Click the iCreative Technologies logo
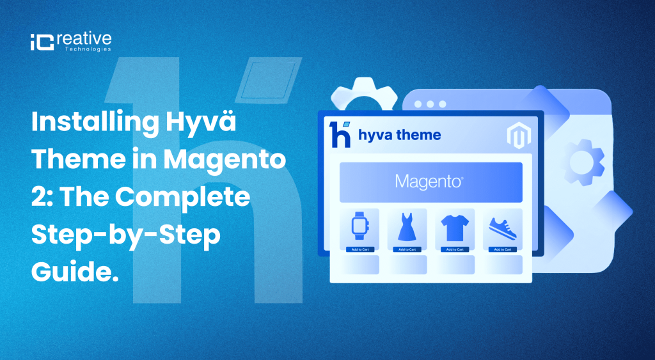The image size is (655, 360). click(70, 42)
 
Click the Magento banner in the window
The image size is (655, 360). click(430, 182)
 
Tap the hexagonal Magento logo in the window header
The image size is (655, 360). click(516, 136)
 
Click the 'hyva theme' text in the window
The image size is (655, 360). click(399, 135)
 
